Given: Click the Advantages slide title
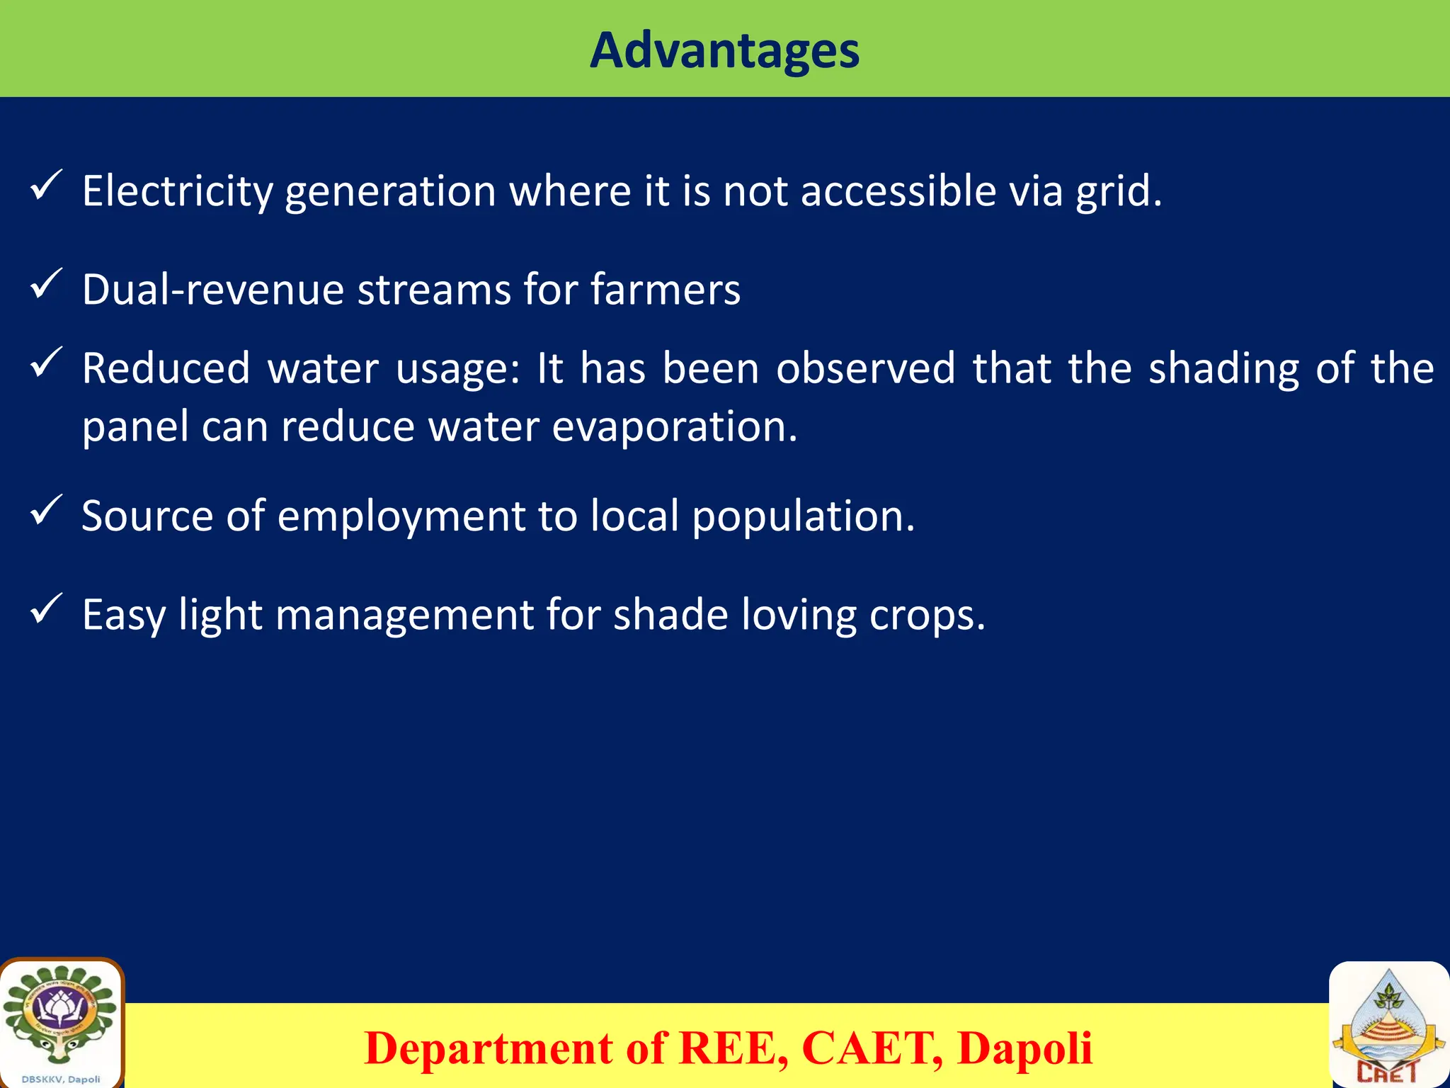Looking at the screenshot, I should coord(724,51).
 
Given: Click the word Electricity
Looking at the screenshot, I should coord(177,191).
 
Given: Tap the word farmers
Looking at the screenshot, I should coord(665,290).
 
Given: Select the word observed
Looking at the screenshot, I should coord(865,368).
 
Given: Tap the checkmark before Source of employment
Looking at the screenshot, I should coord(47,511).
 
